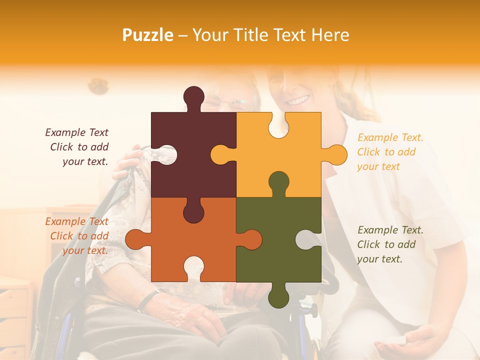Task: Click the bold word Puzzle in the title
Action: [x=148, y=35]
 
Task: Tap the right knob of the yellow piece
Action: [x=336, y=154]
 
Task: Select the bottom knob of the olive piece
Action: [x=278, y=297]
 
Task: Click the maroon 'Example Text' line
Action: [x=76, y=132]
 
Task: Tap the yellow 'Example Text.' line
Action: [x=390, y=137]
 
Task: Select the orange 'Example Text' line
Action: [x=76, y=221]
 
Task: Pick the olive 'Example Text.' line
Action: [x=390, y=230]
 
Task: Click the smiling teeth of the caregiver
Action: [x=298, y=100]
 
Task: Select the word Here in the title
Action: [x=330, y=35]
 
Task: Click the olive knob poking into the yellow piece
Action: [x=278, y=182]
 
